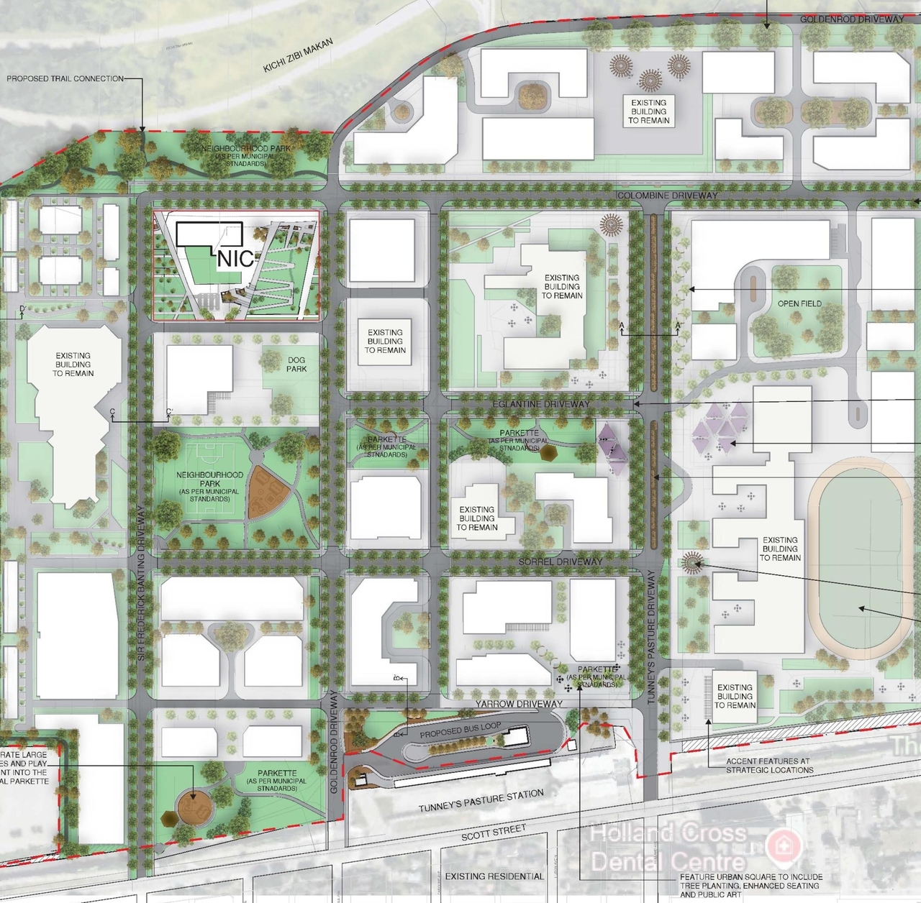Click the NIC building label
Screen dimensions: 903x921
pos(236,259)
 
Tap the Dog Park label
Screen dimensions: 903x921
pos(296,365)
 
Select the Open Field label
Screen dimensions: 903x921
pos(799,304)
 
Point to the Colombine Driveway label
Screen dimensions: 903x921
pos(667,196)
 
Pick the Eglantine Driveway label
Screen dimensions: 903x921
pos(541,404)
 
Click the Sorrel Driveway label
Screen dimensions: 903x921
pos(560,561)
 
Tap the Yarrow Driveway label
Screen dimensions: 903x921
pos(519,704)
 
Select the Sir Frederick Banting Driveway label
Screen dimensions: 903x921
pos(141,583)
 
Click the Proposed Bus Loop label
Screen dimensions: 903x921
pos(460,730)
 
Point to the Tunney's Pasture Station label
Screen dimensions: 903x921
pos(481,800)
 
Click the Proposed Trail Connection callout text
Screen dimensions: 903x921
pos(65,78)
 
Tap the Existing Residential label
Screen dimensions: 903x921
pos(494,876)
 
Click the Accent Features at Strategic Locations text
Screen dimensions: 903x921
pos(769,765)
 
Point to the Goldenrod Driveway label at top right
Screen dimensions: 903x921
pos(852,19)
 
